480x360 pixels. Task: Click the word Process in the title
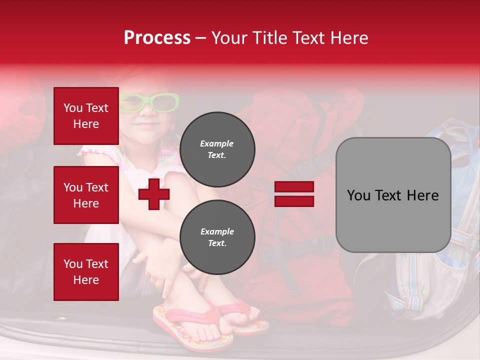click(x=157, y=38)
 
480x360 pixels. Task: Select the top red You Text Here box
click(x=86, y=116)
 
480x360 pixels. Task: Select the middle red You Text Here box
click(x=86, y=195)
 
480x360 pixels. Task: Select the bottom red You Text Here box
click(x=86, y=271)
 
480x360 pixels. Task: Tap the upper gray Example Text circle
click(x=217, y=149)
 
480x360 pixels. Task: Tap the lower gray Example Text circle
click(x=217, y=237)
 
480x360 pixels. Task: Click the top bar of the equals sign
click(x=294, y=187)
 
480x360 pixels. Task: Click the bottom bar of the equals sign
click(x=294, y=201)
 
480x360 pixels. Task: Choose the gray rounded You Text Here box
click(x=393, y=195)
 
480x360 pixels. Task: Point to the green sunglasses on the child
click(x=150, y=102)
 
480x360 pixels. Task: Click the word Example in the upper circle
click(x=216, y=143)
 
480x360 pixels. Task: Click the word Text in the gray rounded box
click(x=386, y=195)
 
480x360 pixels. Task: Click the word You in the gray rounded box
click(x=358, y=195)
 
